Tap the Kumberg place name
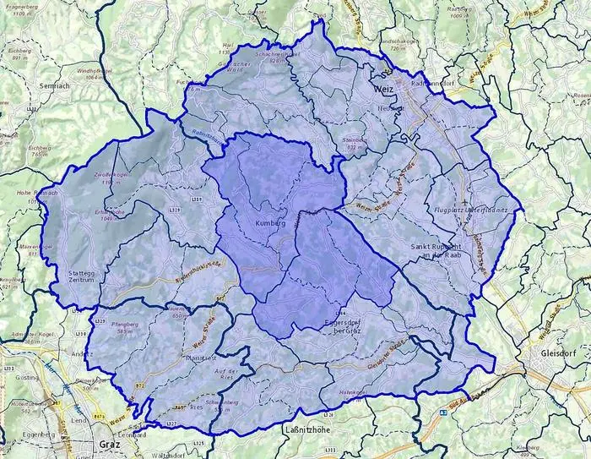coord(270,223)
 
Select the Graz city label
coord(107,444)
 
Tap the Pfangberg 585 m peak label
coord(112,328)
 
